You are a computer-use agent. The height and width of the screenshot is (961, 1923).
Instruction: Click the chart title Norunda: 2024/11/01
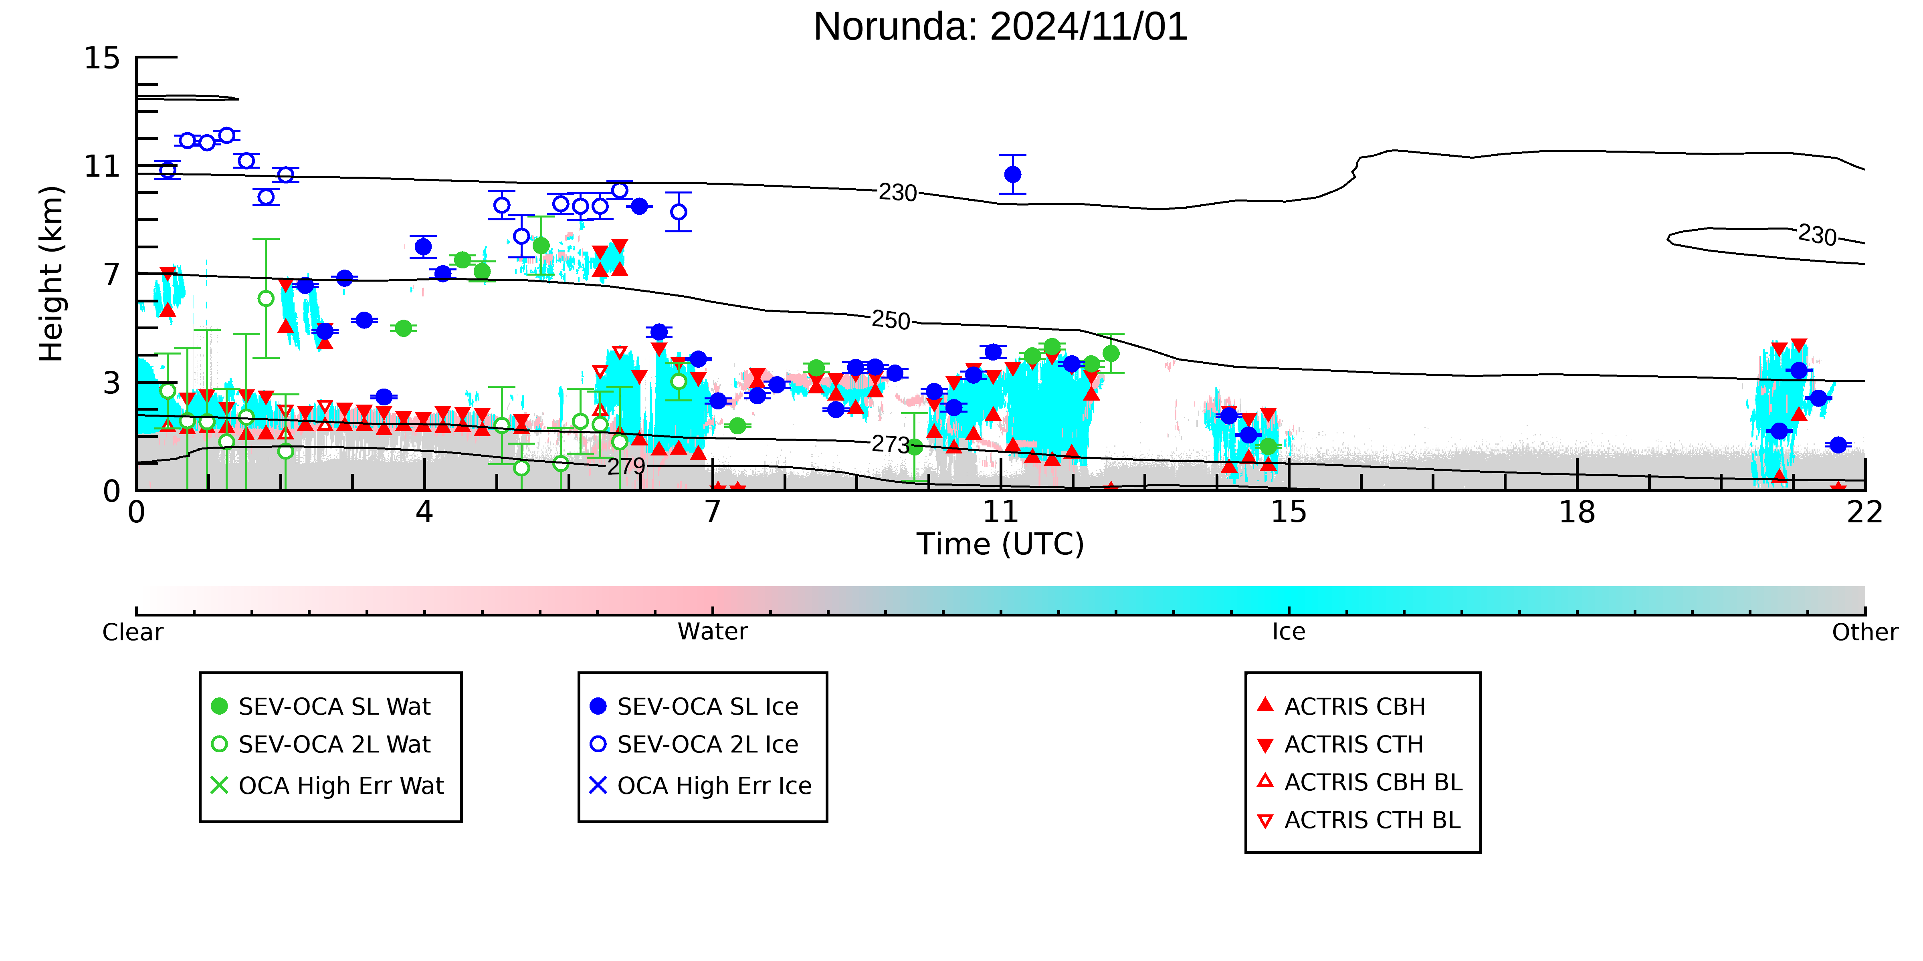click(x=1000, y=27)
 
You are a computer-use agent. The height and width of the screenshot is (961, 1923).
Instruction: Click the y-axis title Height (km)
click(x=52, y=274)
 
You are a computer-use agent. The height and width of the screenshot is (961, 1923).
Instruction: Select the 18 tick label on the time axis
click(x=1577, y=513)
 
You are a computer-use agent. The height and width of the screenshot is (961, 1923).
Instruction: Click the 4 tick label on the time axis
click(x=424, y=513)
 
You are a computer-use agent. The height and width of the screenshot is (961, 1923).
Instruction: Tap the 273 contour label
click(x=891, y=445)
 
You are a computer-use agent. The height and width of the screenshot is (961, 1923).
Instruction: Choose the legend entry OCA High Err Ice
click(x=700, y=786)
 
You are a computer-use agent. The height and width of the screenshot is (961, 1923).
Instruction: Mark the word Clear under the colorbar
click(x=133, y=632)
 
